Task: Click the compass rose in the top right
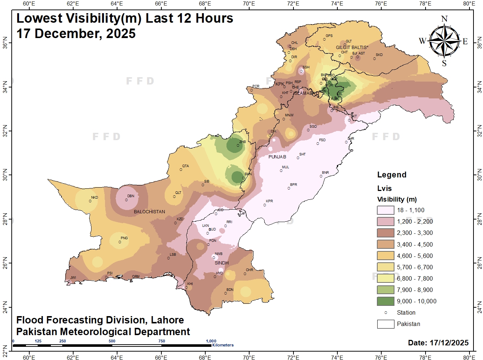444,41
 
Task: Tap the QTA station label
186,166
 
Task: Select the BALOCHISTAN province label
149,212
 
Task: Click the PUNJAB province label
277,157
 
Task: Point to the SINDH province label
222,263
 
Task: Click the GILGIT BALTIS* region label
352,48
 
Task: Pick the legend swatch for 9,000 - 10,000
386,301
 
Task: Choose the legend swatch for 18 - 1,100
386,210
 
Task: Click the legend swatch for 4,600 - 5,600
386,256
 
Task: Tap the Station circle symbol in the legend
386,312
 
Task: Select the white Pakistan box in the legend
386,324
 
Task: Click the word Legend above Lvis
392,175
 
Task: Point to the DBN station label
131,196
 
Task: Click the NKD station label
94,198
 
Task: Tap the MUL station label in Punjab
285,167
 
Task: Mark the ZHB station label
242,142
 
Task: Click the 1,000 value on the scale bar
211,341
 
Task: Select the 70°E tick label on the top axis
249,4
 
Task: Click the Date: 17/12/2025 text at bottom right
438,343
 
